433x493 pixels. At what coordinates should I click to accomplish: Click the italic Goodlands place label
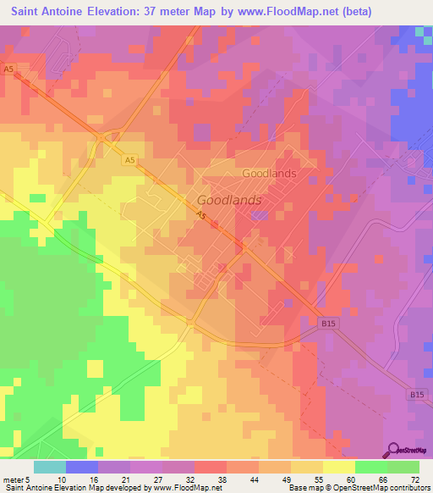tap(229, 201)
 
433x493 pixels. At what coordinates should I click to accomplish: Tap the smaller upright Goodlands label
tap(269, 173)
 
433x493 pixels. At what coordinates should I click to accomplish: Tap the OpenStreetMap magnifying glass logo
tap(393, 450)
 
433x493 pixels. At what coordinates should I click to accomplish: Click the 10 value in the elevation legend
tap(63, 479)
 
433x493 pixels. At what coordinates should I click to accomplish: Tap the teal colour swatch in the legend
tap(50, 467)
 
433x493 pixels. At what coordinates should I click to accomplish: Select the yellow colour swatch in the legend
tap(339, 467)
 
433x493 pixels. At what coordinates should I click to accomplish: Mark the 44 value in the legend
tap(255, 479)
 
